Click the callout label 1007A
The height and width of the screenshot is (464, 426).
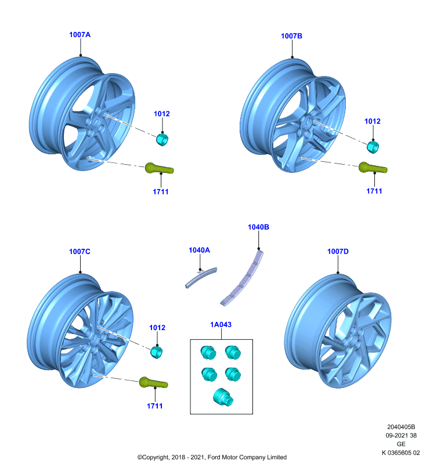tap(80, 35)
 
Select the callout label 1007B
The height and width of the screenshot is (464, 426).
tap(291, 36)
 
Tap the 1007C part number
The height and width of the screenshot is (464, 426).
tap(80, 252)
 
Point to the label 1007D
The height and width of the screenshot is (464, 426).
tap(338, 252)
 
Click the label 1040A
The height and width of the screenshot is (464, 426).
tap(199, 250)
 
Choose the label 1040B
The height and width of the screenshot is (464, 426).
tap(258, 227)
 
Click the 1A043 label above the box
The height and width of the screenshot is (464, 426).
tap(221, 325)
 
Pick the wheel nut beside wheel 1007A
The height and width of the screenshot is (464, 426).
tap(162, 139)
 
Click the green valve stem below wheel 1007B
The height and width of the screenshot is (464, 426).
tap(373, 168)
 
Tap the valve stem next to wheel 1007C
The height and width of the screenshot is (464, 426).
tap(153, 383)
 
